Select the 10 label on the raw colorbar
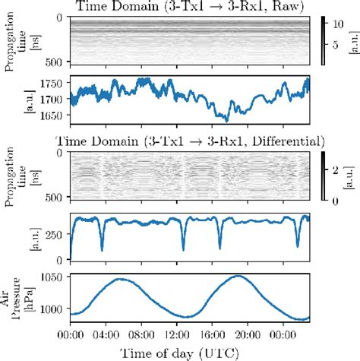341,24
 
